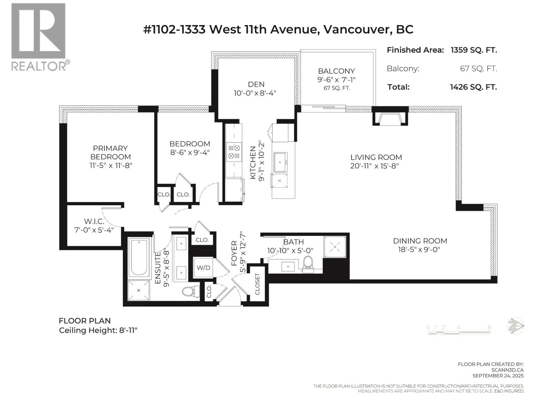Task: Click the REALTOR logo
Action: coord(40,37)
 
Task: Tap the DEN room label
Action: coord(256,84)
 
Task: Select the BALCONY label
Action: coord(336,71)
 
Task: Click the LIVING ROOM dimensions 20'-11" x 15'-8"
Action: coord(375,166)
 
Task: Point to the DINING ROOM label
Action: coord(420,241)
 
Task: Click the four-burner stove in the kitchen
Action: coord(234,152)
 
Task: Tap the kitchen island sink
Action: coord(280,162)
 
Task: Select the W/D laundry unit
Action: coord(203,268)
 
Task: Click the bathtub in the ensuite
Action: coord(139,258)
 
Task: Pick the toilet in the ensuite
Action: coord(191,291)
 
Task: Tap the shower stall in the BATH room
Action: coord(335,247)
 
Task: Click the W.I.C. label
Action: coord(94,222)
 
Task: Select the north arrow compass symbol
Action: coord(515,326)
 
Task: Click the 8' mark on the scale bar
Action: coord(489,327)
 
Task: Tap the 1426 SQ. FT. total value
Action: coord(473,87)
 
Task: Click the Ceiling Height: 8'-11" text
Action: coord(98,331)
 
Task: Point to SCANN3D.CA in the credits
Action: coord(507,370)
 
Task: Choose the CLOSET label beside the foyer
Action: coord(257,284)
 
